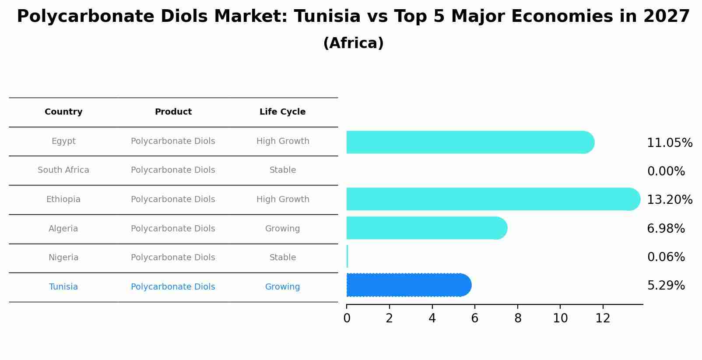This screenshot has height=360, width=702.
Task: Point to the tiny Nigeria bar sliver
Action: (x=347, y=256)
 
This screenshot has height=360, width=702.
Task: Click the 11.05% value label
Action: (x=669, y=143)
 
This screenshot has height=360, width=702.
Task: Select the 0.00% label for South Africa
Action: (x=666, y=171)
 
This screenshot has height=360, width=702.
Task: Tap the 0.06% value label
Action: (x=666, y=257)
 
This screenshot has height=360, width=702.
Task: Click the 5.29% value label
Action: (x=666, y=286)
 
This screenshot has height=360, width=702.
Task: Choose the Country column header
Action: (x=63, y=112)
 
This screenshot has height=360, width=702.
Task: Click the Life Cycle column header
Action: (x=282, y=112)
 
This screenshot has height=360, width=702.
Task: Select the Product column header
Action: (x=173, y=112)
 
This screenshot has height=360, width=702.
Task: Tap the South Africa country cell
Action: (x=63, y=170)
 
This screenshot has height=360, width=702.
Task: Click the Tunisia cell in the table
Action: (x=63, y=287)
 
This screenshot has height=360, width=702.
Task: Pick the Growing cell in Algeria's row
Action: (x=282, y=229)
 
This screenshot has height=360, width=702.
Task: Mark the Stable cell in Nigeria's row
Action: (x=282, y=258)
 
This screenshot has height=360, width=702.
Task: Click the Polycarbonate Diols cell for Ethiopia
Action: (x=173, y=199)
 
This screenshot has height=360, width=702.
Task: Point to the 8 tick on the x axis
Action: (x=518, y=318)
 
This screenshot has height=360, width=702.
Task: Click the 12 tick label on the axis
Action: (x=603, y=318)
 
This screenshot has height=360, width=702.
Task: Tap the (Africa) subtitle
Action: (x=353, y=43)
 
